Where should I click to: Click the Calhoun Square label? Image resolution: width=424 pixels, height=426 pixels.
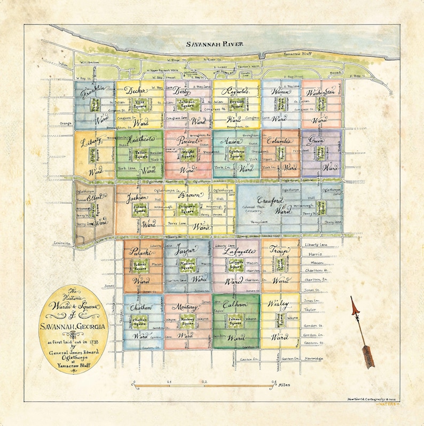tap(235, 322)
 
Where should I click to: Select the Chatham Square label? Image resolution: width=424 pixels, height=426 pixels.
tap(139, 323)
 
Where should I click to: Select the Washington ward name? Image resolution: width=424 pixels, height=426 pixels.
tap(320, 91)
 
